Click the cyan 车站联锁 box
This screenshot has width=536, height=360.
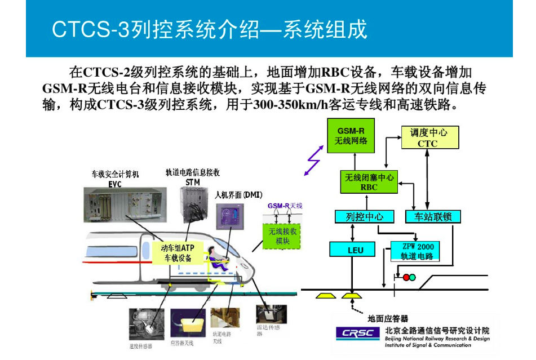[x=433, y=216]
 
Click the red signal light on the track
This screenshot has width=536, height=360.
[x=405, y=277]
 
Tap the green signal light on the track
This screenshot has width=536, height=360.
[x=412, y=277]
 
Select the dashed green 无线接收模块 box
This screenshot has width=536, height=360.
[x=282, y=235]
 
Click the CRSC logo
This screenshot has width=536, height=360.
[x=357, y=334]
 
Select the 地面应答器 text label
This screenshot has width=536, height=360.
[x=387, y=318]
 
